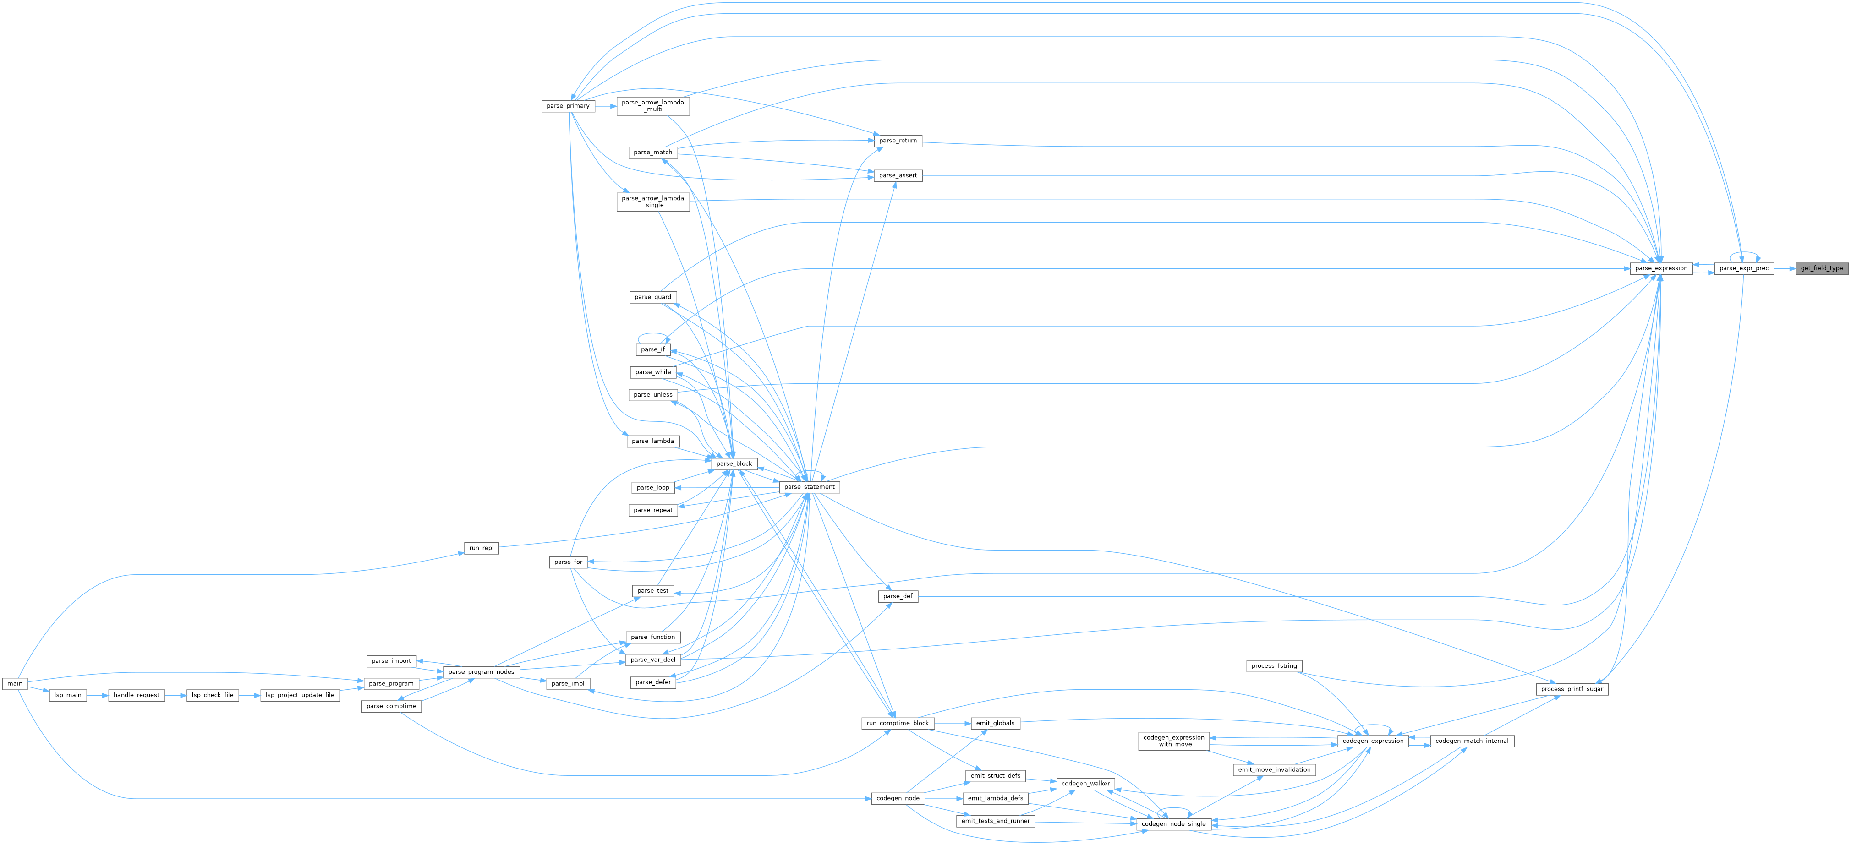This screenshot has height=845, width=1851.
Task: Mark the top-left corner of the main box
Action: click(2, 677)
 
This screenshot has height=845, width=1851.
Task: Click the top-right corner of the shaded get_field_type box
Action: click(1848, 262)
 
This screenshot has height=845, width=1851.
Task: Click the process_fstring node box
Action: click(1274, 666)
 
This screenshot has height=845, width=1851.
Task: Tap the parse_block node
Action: click(734, 464)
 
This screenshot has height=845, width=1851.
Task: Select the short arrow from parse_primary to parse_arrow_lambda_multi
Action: click(606, 106)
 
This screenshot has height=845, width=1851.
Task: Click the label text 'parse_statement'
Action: click(809, 487)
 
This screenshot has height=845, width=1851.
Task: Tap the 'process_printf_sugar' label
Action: click(1572, 689)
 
